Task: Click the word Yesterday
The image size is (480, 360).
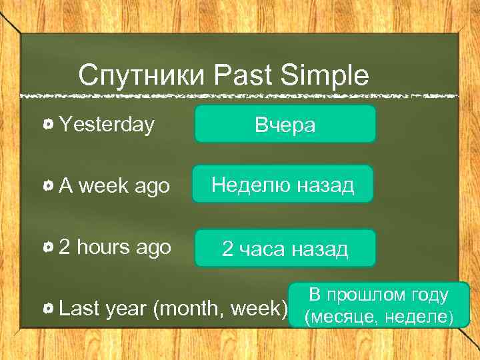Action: pos(107,124)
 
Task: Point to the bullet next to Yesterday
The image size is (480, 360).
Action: pos(49,124)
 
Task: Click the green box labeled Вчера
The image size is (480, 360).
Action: pos(285,124)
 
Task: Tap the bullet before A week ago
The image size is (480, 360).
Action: pos(49,187)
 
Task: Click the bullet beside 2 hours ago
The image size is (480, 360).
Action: pos(49,248)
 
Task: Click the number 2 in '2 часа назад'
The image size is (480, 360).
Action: pos(228,250)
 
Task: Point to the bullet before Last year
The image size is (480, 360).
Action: pos(49,309)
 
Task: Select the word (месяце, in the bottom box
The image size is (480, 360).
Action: pos(342,317)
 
